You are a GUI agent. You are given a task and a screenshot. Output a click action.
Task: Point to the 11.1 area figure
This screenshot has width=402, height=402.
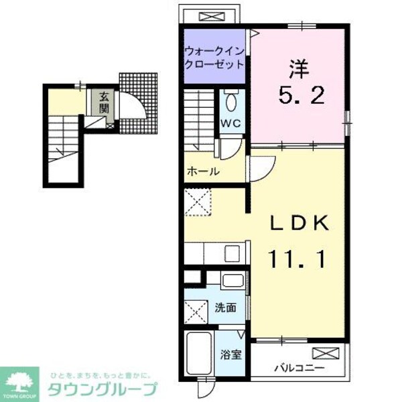(299, 259)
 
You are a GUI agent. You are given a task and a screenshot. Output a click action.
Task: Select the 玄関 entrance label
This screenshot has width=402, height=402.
(105, 103)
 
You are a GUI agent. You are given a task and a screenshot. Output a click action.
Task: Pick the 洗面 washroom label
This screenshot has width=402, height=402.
(225, 308)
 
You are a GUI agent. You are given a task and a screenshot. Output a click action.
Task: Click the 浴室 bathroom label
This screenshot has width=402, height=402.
(232, 353)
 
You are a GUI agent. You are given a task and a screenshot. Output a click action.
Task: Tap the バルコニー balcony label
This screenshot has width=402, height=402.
(299, 368)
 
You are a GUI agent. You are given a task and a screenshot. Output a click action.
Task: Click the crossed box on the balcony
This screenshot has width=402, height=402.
(326, 353)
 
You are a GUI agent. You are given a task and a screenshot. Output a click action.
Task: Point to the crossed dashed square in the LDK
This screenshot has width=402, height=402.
(199, 200)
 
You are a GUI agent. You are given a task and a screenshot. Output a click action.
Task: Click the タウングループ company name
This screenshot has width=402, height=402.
(103, 389)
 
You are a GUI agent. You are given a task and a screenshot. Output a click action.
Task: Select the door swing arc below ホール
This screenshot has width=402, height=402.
(262, 166)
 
